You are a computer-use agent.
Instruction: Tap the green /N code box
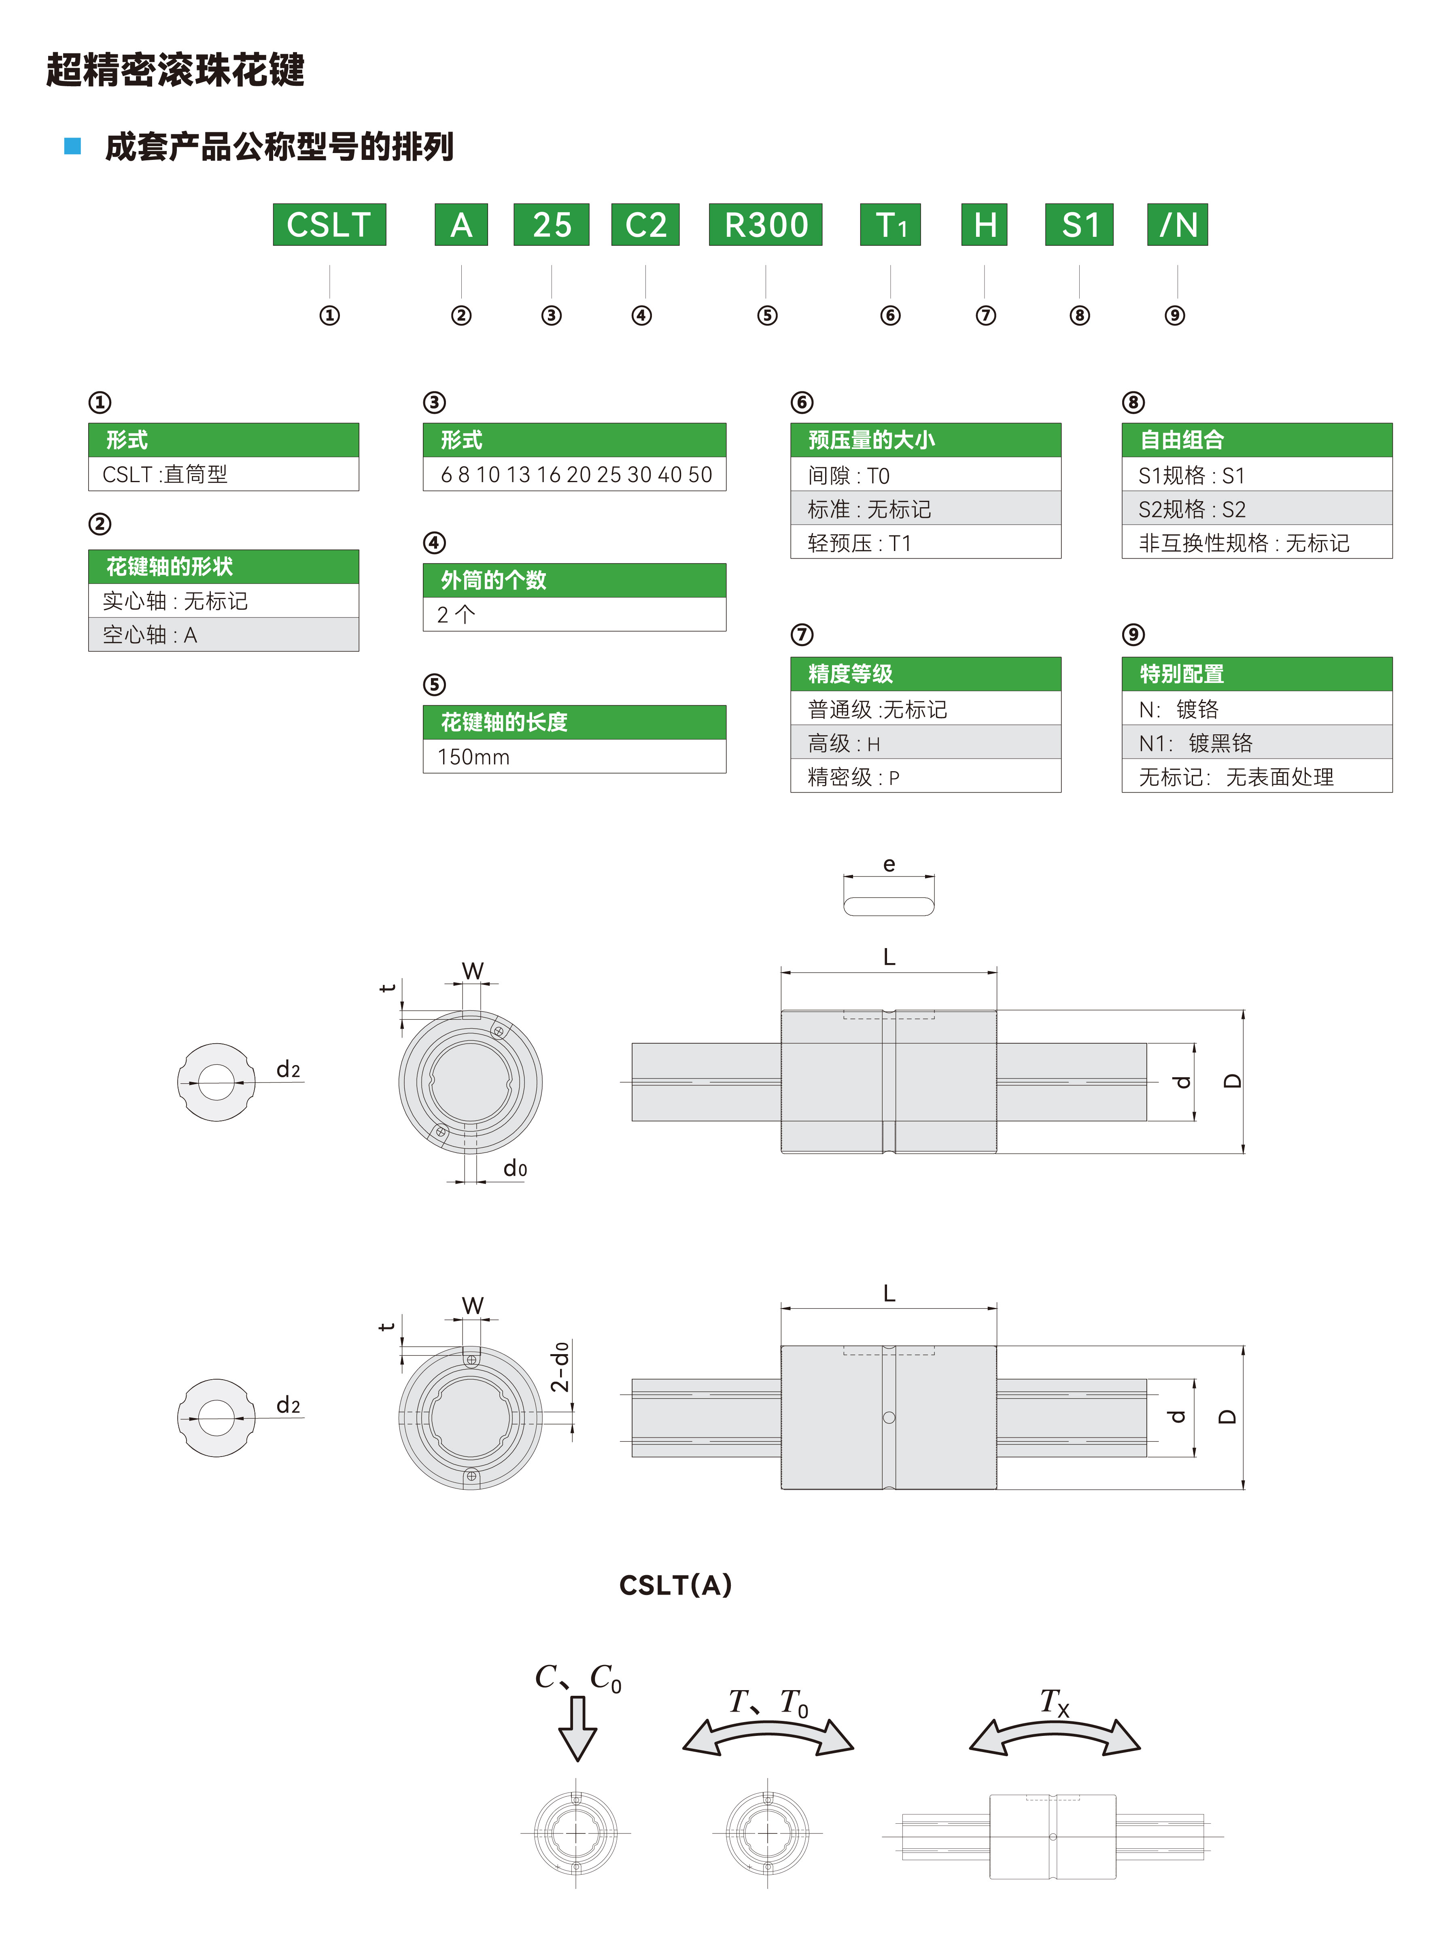coord(1177,225)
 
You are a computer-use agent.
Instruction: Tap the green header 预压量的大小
coord(925,440)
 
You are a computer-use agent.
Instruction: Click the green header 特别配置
coord(1256,674)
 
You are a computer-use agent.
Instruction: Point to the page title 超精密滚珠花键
coord(175,70)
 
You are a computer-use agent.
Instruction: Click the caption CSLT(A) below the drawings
coord(675,1585)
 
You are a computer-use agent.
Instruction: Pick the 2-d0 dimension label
coord(560,1366)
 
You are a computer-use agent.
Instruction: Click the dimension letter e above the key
coord(889,864)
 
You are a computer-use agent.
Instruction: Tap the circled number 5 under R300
coord(766,315)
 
